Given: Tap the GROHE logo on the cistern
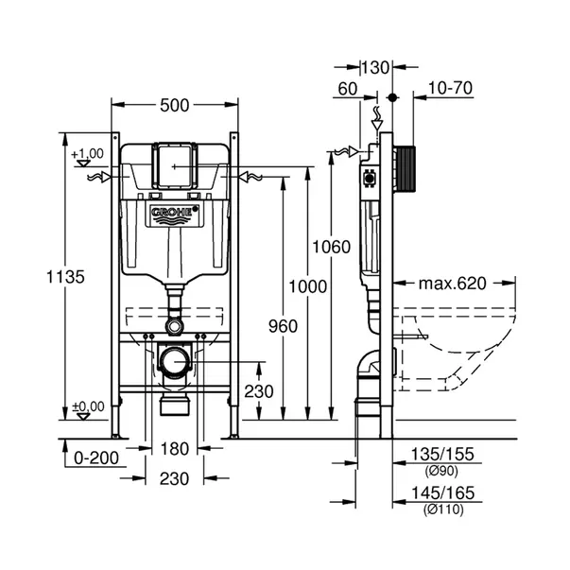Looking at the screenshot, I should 171,215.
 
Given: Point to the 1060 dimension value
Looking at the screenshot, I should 332,247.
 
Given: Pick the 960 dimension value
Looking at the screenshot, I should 283,326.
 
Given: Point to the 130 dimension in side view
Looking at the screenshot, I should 376,67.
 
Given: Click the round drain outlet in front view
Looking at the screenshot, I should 174,362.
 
